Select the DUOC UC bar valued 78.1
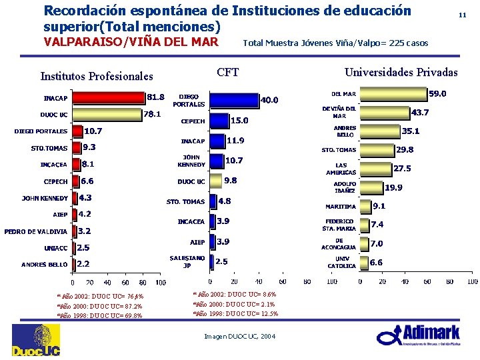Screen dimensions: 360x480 tap(107, 115)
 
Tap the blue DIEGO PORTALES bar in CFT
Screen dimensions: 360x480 tap(235, 100)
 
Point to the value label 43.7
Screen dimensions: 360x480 tap(420, 113)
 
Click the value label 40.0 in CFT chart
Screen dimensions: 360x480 tap(270, 101)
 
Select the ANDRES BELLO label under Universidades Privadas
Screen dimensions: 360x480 tap(345, 131)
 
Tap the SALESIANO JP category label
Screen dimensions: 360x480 tap(187, 261)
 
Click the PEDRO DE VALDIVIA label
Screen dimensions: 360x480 tap(35, 232)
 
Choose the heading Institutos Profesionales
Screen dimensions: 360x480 tap(97, 76)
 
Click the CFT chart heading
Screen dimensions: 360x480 tap(228, 72)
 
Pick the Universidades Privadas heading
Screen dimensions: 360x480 tap(401, 72)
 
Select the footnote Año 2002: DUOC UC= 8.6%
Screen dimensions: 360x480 tap(235, 294)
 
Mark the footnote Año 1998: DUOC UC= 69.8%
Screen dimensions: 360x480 tap(99, 316)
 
